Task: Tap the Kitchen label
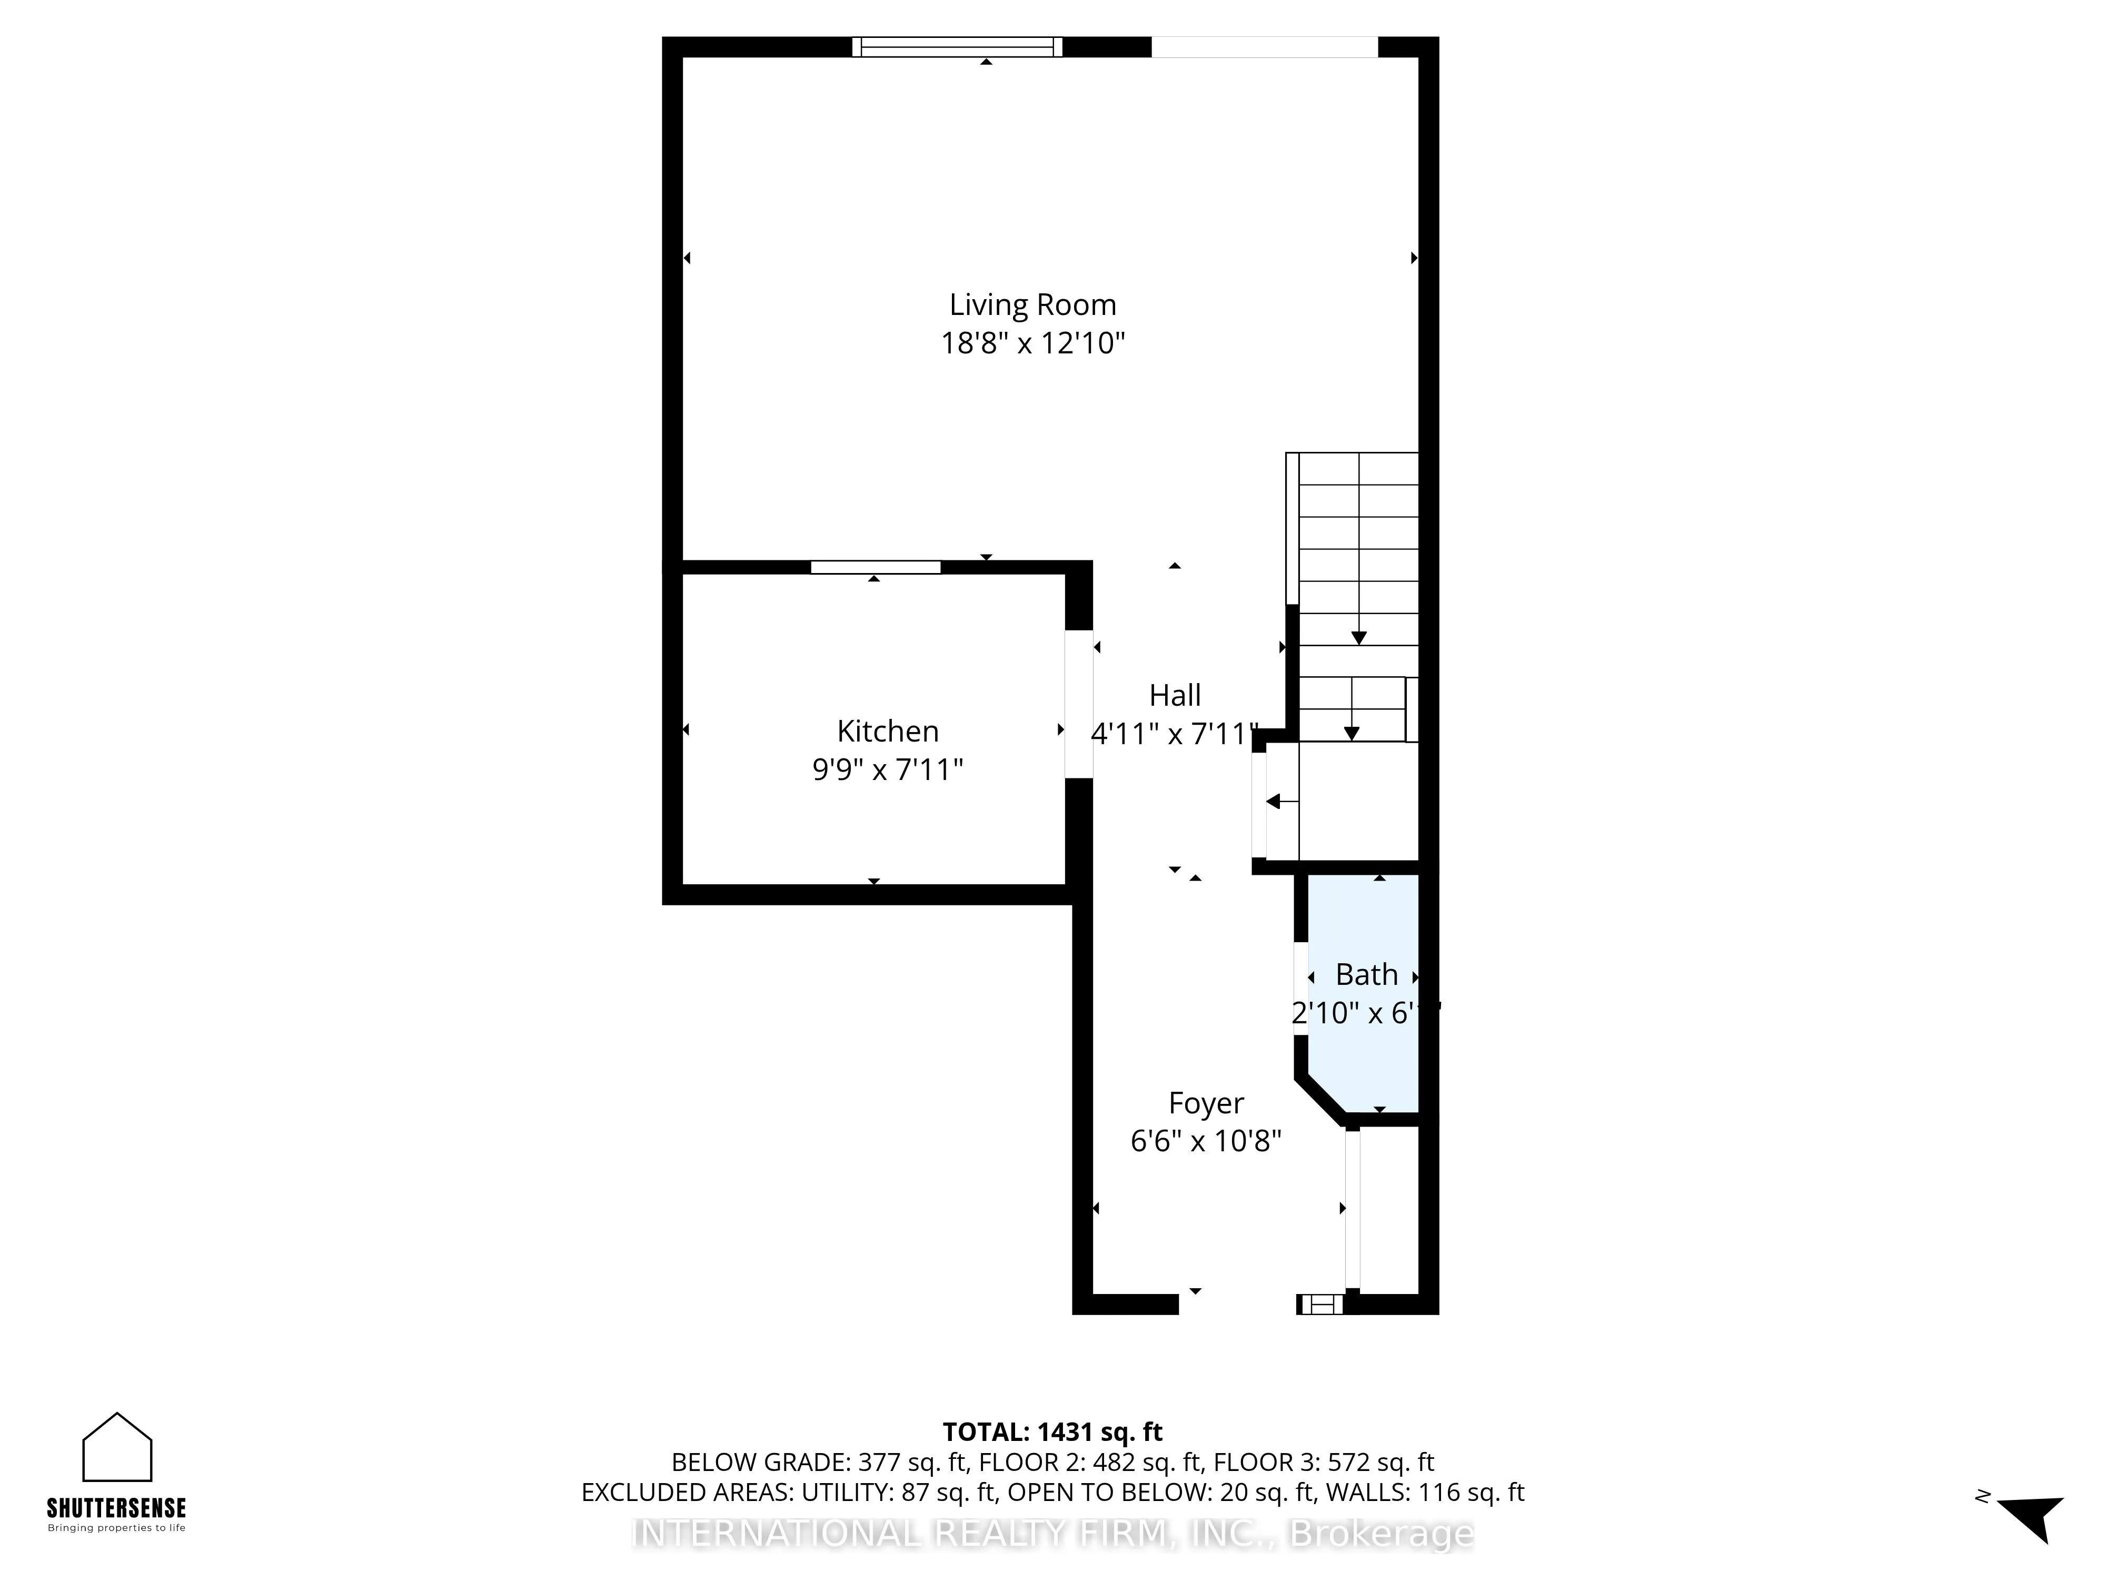click(x=887, y=732)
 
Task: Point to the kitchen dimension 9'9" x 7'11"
click(x=887, y=769)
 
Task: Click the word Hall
click(x=1175, y=695)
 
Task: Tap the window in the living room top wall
click(x=957, y=47)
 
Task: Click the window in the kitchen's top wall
click(x=875, y=568)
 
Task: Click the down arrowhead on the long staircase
click(x=1358, y=638)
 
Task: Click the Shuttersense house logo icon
click(x=117, y=1448)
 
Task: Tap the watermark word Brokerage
click(x=1380, y=1533)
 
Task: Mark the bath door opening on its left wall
click(x=1300, y=989)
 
